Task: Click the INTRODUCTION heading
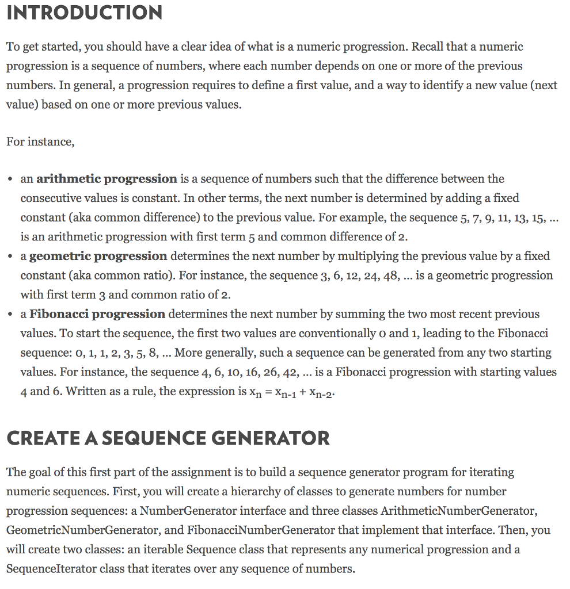[84, 13]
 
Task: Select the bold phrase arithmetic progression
[107, 179]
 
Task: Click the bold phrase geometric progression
[98, 256]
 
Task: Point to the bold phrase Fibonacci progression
[97, 314]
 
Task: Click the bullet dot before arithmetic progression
[11, 179]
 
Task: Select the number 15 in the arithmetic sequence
[539, 217]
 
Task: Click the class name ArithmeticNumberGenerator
[459, 511]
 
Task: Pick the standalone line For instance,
[40, 141]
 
